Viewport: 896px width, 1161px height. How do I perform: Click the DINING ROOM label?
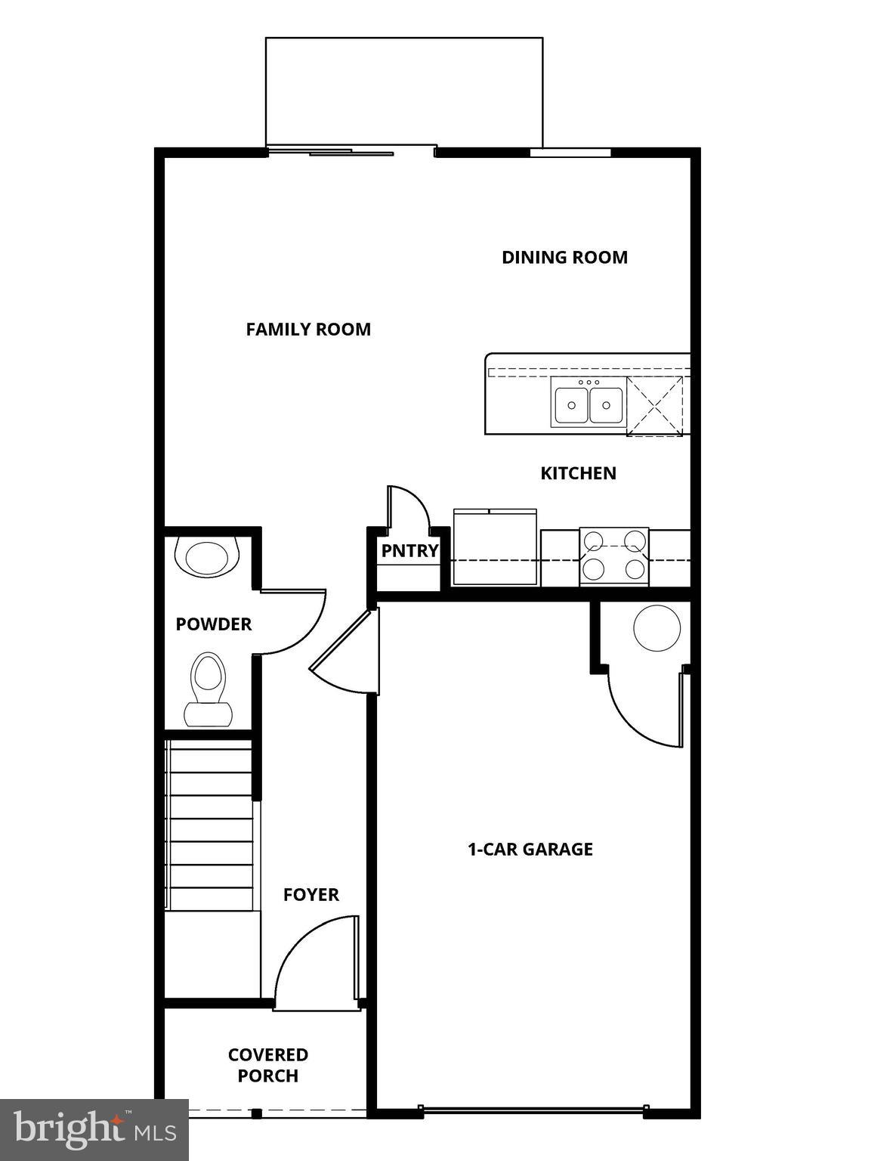(564, 257)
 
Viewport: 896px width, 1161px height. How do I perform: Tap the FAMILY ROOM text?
(308, 330)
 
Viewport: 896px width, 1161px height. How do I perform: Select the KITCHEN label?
(578, 473)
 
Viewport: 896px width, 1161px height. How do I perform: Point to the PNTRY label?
(409, 551)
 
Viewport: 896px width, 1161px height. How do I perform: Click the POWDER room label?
(213, 624)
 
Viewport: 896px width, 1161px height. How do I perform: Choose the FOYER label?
(311, 895)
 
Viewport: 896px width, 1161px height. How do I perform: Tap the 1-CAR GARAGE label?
(530, 850)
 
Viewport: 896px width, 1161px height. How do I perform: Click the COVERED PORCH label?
(268, 1065)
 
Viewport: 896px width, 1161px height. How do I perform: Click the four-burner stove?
(613, 556)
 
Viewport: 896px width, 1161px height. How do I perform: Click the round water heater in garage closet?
(657, 627)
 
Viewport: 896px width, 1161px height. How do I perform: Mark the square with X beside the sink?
(654, 406)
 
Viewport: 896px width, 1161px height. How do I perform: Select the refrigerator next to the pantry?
(495, 548)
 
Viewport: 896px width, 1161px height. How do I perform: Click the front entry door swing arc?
(310, 960)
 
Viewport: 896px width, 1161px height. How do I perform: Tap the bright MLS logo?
(94, 1130)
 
